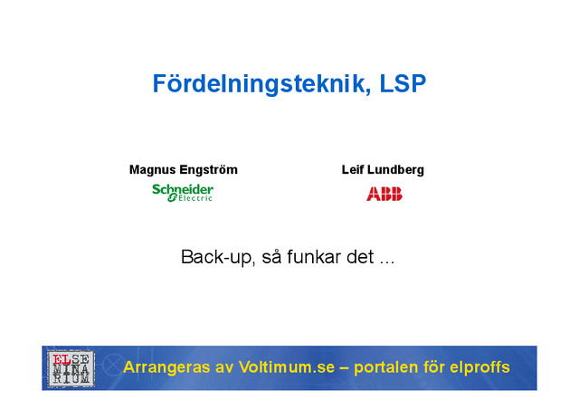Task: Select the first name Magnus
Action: (x=152, y=170)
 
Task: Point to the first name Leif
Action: (x=353, y=170)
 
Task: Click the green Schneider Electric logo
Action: (x=183, y=192)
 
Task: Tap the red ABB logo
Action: (x=384, y=194)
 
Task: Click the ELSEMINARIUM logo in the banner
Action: (x=70, y=368)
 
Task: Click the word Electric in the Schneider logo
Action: (x=195, y=197)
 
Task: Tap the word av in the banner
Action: (x=224, y=367)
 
